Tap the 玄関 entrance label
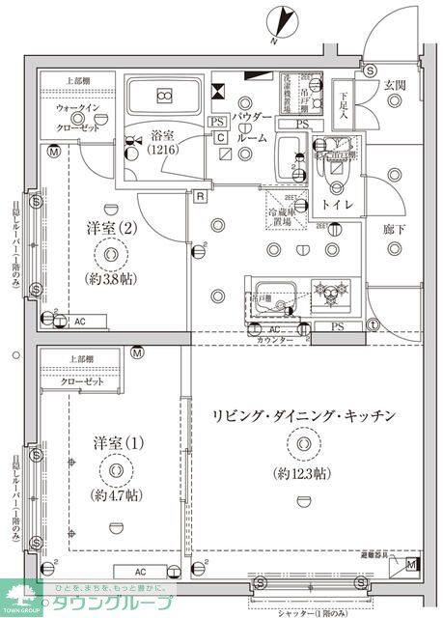(395, 85)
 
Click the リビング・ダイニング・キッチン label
(304, 415)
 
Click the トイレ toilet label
(337, 205)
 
